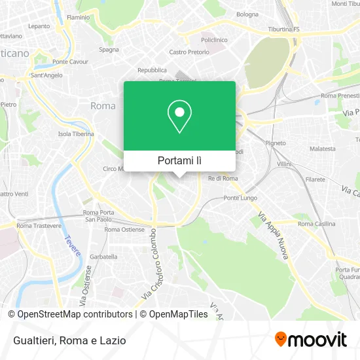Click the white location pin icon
(x=179, y=117)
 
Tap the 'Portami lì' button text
(x=179, y=160)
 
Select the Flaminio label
(x=78, y=16)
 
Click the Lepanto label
(x=39, y=26)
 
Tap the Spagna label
(x=109, y=49)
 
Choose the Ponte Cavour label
(x=70, y=62)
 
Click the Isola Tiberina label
(x=76, y=134)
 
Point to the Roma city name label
(x=103, y=105)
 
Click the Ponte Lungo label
(x=239, y=198)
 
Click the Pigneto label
(x=276, y=142)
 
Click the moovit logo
(x=311, y=339)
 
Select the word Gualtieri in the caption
(x=32, y=340)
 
